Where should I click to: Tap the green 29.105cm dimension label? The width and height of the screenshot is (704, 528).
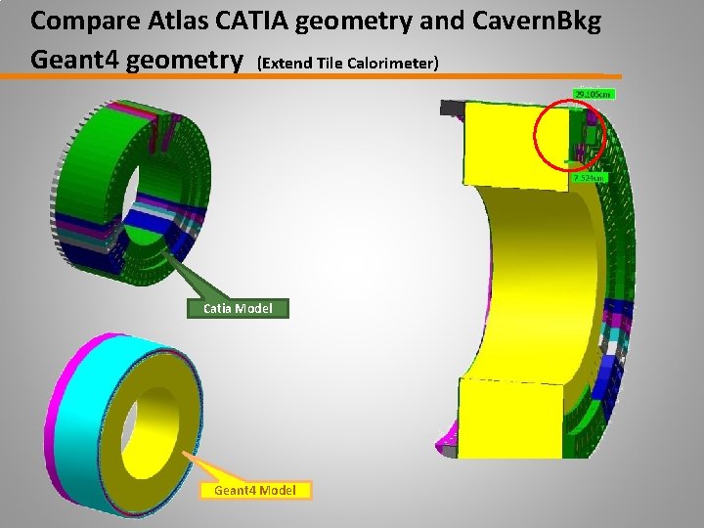click(593, 94)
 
